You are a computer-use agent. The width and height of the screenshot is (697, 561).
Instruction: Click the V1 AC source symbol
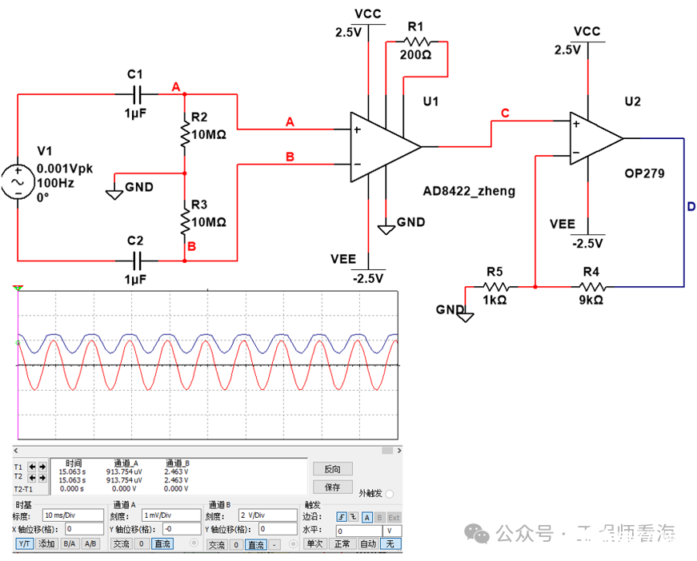pyautogui.click(x=17, y=181)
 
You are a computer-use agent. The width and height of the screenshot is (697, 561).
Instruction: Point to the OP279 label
pyautogui.click(x=644, y=173)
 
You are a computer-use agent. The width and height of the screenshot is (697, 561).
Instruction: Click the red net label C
pyautogui.click(x=504, y=113)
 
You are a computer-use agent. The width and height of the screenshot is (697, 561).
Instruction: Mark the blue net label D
pyautogui.click(x=691, y=207)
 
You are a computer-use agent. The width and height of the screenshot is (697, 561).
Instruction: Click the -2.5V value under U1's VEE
pyautogui.click(x=367, y=278)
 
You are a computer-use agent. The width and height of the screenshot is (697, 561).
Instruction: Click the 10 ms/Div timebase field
pyautogui.click(x=74, y=515)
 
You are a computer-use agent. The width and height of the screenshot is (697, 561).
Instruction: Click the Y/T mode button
pyautogui.click(x=25, y=543)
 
